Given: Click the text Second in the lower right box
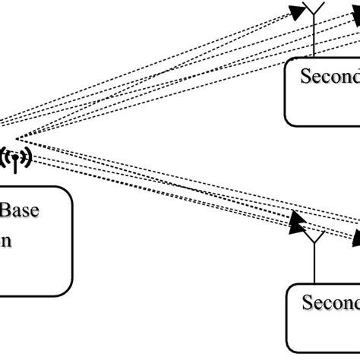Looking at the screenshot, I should click(330, 282).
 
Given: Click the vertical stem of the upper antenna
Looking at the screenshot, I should click(313, 42).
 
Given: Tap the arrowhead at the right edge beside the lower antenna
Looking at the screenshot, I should click(355, 238).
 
